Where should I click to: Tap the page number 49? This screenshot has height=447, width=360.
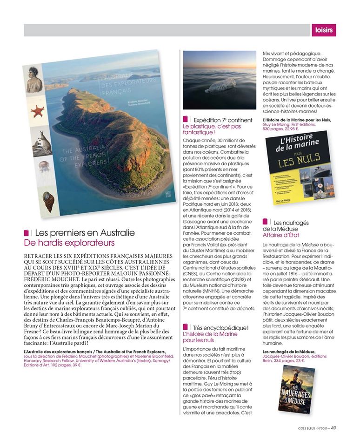[x=333, y=429]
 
